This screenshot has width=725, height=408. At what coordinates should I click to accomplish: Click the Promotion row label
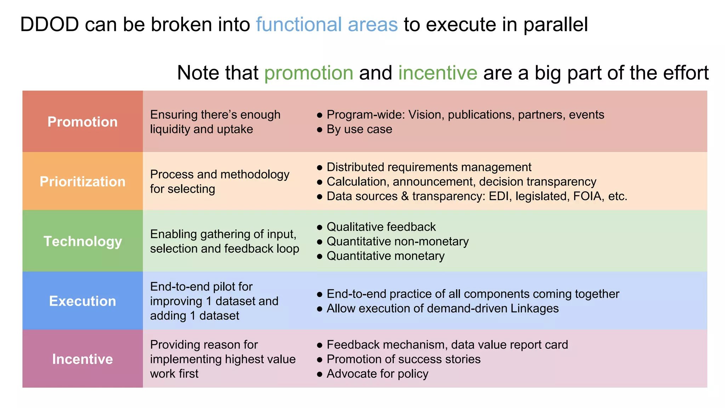pyautogui.click(x=82, y=122)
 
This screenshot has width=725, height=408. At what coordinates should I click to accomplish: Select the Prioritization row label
pyautogui.click(x=82, y=182)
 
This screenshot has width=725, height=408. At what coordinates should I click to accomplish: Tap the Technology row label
pyautogui.click(x=82, y=242)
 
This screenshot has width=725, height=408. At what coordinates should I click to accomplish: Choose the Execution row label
pyautogui.click(x=82, y=301)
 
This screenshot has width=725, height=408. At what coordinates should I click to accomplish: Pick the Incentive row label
pyautogui.click(x=82, y=359)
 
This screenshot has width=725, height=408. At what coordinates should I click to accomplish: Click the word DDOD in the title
pyautogui.click(x=49, y=25)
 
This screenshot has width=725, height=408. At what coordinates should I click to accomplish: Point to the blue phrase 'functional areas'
pyautogui.click(x=327, y=25)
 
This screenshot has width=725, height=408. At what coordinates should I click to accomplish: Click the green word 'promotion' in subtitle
pyautogui.click(x=309, y=73)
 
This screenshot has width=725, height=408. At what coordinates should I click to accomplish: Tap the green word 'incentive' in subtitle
pyautogui.click(x=438, y=73)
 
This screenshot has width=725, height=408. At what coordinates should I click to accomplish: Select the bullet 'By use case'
pyautogui.click(x=359, y=129)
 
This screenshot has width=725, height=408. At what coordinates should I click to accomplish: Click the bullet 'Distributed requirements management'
pyautogui.click(x=429, y=167)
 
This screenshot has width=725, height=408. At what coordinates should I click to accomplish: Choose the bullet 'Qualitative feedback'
pyautogui.click(x=381, y=227)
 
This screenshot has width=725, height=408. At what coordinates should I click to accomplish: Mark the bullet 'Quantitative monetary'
pyautogui.click(x=385, y=256)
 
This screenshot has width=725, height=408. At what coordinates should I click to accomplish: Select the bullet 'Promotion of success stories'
pyautogui.click(x=403, y=359)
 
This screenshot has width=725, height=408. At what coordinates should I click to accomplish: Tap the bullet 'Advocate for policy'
pyautogui.click(x=377, y=374)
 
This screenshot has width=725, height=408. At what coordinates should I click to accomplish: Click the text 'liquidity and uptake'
pyautogui.click(x=201, y=129)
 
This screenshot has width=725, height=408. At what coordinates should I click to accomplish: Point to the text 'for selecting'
pyautogui.click(x=182, y=189)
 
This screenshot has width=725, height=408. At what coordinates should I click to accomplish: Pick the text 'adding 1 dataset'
pyautogui.click(x=194, y=316)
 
